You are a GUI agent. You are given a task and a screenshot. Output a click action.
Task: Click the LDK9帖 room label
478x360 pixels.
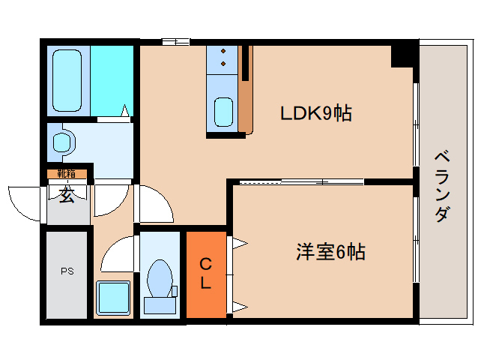pyautogui.click(x=316, y=113)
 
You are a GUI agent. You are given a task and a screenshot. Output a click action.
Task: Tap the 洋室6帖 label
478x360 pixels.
pyautogui.click(x=330, y=252)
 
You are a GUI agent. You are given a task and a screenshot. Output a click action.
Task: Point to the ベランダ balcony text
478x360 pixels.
pyautogui.click(x=442, y=186)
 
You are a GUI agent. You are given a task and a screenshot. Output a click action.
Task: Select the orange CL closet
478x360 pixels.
pyautogui.click(x=206, y=274)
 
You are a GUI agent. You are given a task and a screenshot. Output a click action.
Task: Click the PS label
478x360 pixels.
pyautogui.click(x=67, y=271)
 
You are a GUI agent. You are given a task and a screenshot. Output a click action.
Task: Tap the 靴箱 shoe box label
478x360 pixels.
pyautogui.click(x=67, y=174)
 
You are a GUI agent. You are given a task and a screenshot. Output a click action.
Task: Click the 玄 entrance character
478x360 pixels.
pyautogui.click(x=67, y=195)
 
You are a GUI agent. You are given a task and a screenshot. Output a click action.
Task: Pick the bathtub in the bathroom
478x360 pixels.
pyautogui.click(x=67, y=80)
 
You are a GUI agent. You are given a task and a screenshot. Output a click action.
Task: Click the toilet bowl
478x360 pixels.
pyautogui.click(x=159, y=278)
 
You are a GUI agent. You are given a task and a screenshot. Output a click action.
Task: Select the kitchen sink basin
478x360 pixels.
pyautogui.click(x=223, y=112)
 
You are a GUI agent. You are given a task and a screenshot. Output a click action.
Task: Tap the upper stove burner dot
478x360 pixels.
pyautogui.click(x=223, y=51)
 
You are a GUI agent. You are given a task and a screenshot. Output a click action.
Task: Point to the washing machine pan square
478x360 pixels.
pyautogui.click(x=113, y=298)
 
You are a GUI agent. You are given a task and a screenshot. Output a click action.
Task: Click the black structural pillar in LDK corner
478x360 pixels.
pyautogui.click(x=402, y=56)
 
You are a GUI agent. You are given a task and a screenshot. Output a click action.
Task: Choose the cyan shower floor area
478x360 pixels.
pyautogui.click(x=112, y=80)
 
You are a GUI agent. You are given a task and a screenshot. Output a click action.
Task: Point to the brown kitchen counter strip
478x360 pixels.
pyautogui.click(x=246, y=91)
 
